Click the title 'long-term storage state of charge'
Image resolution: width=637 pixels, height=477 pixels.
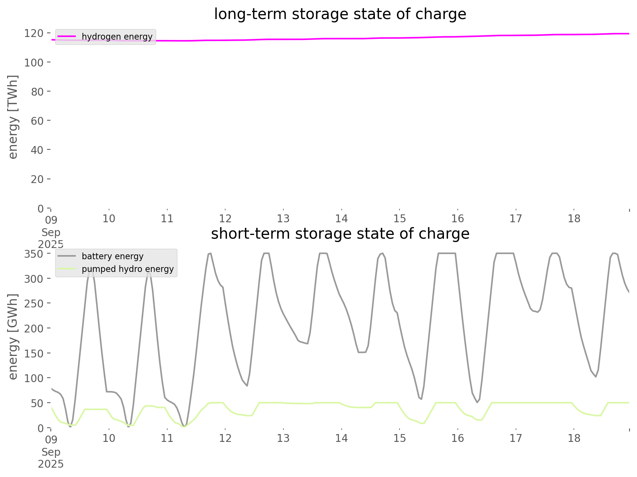point(340,14)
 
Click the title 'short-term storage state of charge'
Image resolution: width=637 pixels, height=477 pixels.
point(340,234)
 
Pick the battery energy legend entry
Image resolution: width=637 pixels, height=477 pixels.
point(112,256)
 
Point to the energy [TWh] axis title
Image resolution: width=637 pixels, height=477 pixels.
point(13,117)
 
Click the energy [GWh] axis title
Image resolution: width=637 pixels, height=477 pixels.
point(13,337)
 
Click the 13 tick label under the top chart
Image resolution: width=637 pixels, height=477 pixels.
point(283,219)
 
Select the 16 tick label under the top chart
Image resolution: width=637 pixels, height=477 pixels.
point(458,219)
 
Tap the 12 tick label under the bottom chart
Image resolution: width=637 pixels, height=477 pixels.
point(225,438)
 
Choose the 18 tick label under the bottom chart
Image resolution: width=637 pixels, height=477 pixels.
point(574,438)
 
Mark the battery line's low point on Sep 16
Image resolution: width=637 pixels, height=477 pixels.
point(477,402)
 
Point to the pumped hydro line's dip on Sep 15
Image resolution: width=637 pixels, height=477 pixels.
point(423,424)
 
